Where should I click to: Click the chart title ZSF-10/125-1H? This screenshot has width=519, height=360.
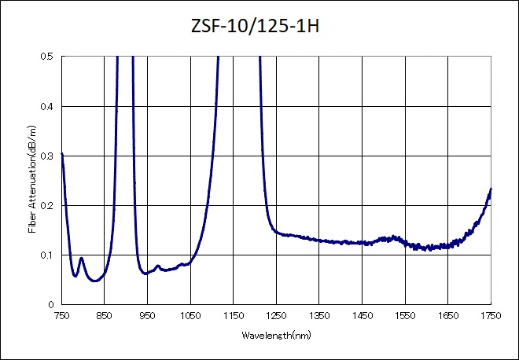click(x=260, y=27)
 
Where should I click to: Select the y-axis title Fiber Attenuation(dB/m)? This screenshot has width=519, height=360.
click(x=32, y=180)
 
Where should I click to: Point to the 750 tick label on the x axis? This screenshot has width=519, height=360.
click(x=61, y=316)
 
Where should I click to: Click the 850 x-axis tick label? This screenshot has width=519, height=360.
click(x=105, y=316)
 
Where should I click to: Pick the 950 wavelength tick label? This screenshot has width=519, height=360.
click(x=147, y=316)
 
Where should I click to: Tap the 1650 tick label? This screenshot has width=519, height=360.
click(x=447, y=316)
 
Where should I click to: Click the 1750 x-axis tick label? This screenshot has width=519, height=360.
click(x=491, y=316)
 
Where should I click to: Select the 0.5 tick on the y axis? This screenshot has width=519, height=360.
click(x=48, y=57)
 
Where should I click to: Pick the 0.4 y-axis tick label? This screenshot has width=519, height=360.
click(x=48, y=106)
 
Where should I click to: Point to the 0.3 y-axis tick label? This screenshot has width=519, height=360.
click(x=48, y=156)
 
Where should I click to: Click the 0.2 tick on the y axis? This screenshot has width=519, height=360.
click(x=48, y=205)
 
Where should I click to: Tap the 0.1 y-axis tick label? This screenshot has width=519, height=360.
click(x=48, y=255)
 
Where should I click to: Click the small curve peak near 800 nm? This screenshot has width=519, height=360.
click(x=81, y=258)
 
